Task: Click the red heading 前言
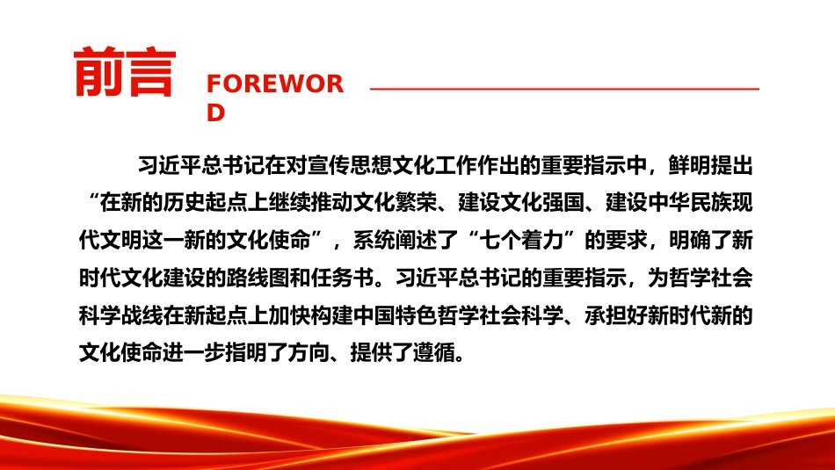(x=125, y=72)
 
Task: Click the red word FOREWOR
(x=275, y=84)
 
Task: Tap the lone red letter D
(x=215, y=112)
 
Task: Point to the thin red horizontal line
(x=564, y=89)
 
